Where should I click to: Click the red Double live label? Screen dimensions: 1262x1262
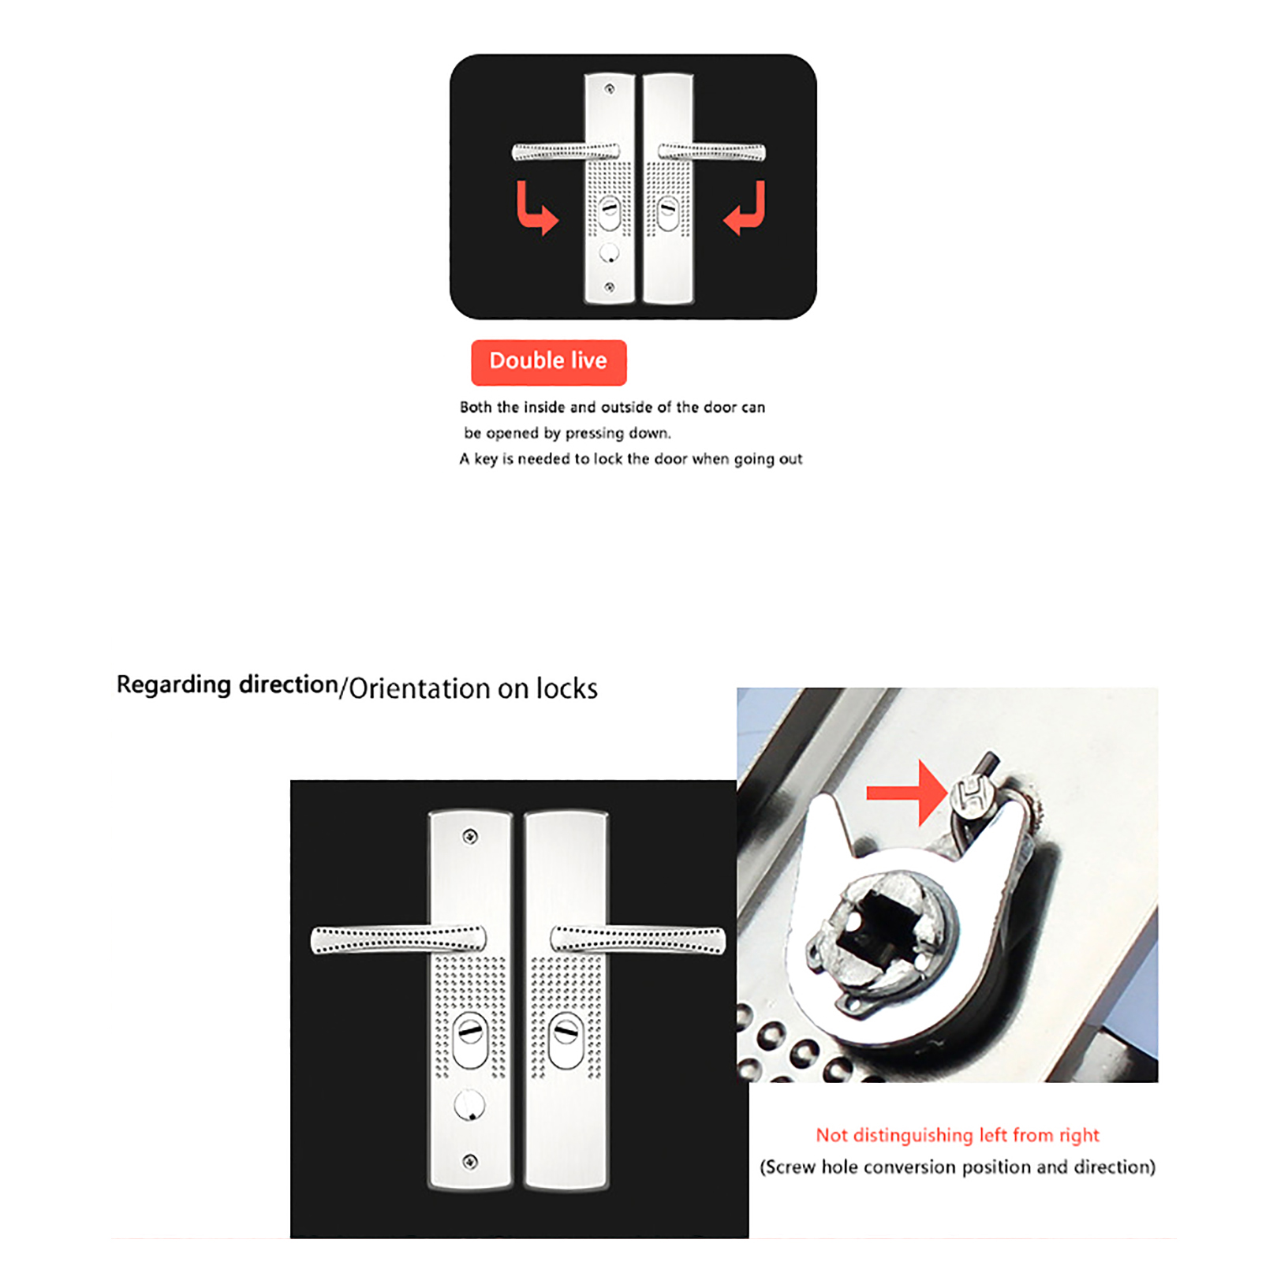548,362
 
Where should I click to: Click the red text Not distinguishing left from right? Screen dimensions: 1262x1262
957,1135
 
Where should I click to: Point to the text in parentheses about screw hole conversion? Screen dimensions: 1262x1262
957,1167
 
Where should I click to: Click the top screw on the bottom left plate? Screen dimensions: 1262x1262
470,836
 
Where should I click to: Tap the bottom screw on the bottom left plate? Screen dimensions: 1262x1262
470,1161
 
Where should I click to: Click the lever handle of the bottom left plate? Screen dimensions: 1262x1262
398,939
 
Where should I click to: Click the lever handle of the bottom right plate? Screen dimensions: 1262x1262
637,939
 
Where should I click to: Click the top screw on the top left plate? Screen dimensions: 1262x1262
609,89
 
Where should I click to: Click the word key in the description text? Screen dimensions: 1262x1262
486,459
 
